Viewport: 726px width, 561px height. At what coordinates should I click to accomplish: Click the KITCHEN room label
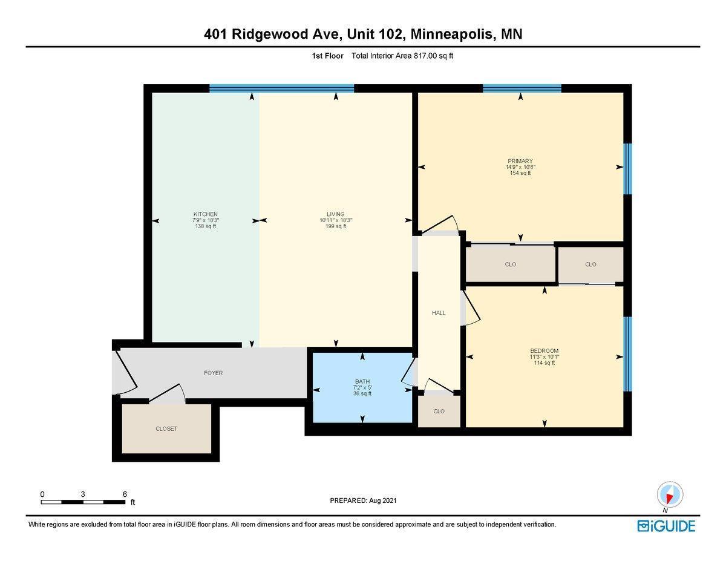(x=205, y=214)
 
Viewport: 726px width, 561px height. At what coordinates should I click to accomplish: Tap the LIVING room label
(x=335, y=214)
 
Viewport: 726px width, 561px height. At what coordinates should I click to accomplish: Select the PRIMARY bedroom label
(x=520, y=161)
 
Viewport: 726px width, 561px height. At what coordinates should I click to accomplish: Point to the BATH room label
(x=362, y=381)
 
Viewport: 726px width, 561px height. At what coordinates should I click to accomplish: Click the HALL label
(x=439, y=313)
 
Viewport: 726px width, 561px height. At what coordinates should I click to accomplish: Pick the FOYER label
(x=213, y=373)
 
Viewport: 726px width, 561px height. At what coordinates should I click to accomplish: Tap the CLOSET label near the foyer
(x=166, y=428)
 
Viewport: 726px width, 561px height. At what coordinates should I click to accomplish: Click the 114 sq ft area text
(x=544, y=363)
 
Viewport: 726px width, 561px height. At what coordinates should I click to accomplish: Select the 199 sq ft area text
(x=335, y=226)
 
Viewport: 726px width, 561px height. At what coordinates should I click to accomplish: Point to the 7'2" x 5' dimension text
(x=362, y=387)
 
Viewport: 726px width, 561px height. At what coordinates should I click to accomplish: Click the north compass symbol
(x=669, y=495)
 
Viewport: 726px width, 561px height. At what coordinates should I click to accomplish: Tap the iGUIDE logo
(x=666, y=526)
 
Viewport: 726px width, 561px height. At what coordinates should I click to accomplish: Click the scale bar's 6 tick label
(x=125, y=494)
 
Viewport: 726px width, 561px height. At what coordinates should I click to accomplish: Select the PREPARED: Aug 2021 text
(x=363, y=500)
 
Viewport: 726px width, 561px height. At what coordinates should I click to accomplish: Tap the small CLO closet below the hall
(x=439, y=412)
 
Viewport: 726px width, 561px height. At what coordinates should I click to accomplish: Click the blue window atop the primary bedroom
(x=522, y=88)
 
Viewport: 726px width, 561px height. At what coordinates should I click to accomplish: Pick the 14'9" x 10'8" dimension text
(x=520, y=167)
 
